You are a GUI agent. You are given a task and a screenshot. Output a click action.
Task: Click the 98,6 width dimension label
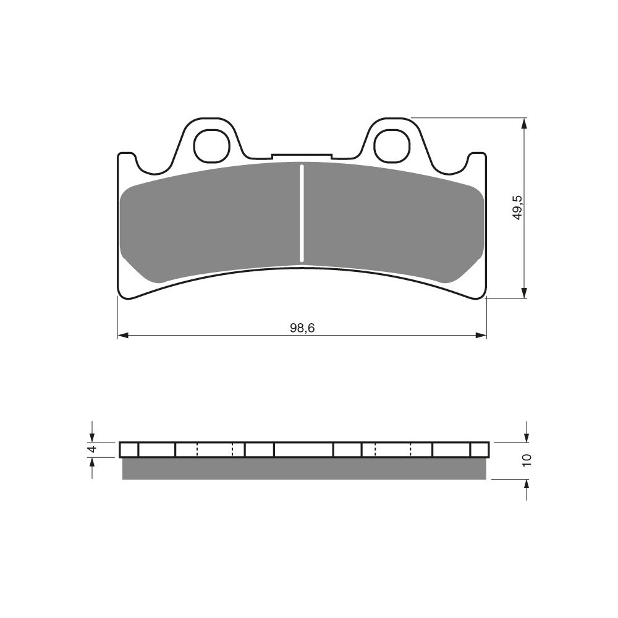point(302,328)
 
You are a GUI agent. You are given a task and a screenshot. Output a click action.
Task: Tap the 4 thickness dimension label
point(92,449)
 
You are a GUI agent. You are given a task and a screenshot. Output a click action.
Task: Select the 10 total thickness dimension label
point(527,460)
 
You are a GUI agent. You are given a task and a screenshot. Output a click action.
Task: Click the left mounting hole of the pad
point(211,145)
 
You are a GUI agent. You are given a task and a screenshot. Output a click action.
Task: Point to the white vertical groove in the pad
point(302,213)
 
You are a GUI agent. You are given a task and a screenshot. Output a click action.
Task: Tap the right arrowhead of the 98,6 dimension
point(481,336)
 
